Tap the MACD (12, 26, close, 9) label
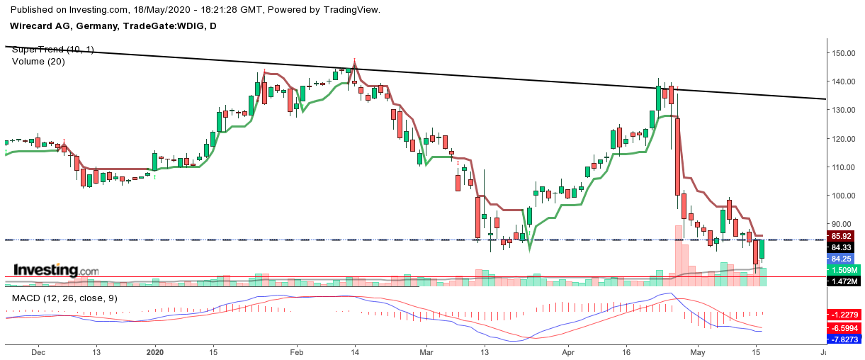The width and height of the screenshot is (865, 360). point(64,298)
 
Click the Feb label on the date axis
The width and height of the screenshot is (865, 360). point(297,351)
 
